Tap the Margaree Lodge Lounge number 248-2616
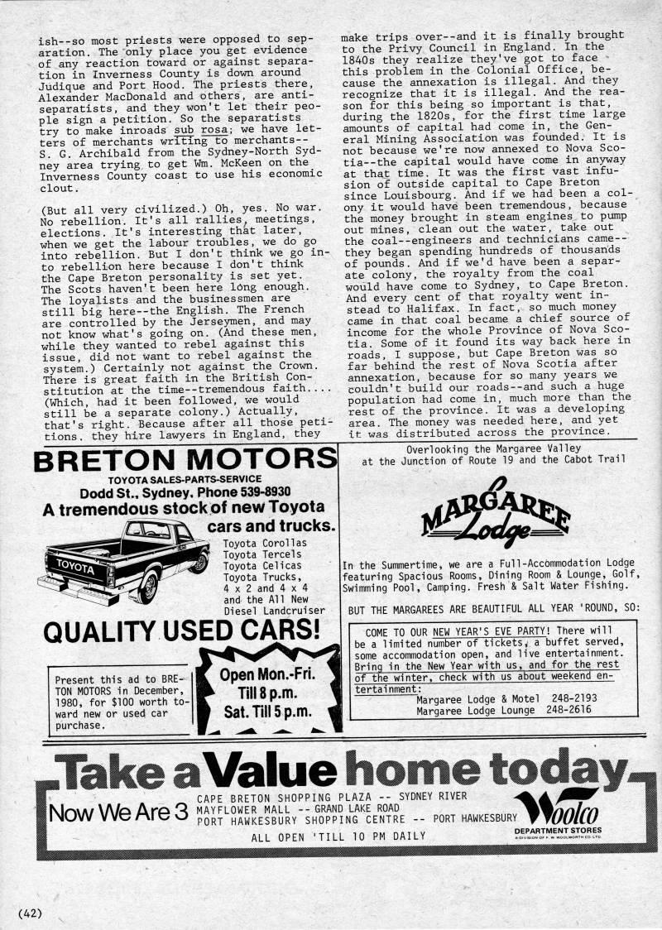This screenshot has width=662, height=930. pyautogui.click(x=569, y=710)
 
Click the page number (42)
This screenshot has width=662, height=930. pyautogui.click(x=29, y=913)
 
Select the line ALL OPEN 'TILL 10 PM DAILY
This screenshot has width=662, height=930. pyautogui.click(x=338, y=836)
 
